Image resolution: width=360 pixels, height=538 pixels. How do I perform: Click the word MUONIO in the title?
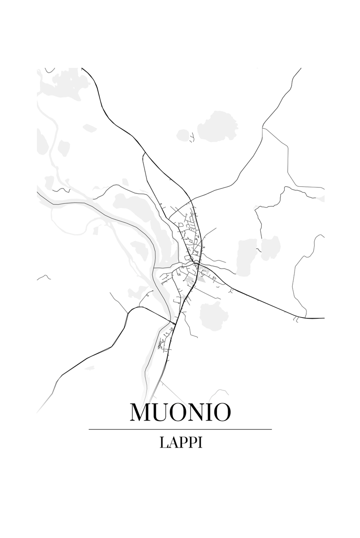tap(180, 413)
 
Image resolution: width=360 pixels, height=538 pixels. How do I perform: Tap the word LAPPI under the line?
tap(181, 443)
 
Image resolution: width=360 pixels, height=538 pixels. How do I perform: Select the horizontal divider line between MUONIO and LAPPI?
tap(180, 429)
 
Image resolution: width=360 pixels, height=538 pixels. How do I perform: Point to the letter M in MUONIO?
tap(142, 413)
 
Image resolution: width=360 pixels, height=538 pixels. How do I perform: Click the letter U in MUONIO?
tap(163, 413)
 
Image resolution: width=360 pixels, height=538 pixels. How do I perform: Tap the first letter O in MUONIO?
tap(180, 413)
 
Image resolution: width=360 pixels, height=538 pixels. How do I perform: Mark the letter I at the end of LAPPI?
tap(200, 443)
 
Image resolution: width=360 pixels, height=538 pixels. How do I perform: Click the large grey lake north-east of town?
tap(217, 126)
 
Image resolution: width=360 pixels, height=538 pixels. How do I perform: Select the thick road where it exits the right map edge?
tap(323, 318)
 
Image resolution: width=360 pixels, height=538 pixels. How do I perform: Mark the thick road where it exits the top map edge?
tap(83, 69)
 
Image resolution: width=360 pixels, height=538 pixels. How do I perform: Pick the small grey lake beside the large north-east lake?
tap(183, 135)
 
